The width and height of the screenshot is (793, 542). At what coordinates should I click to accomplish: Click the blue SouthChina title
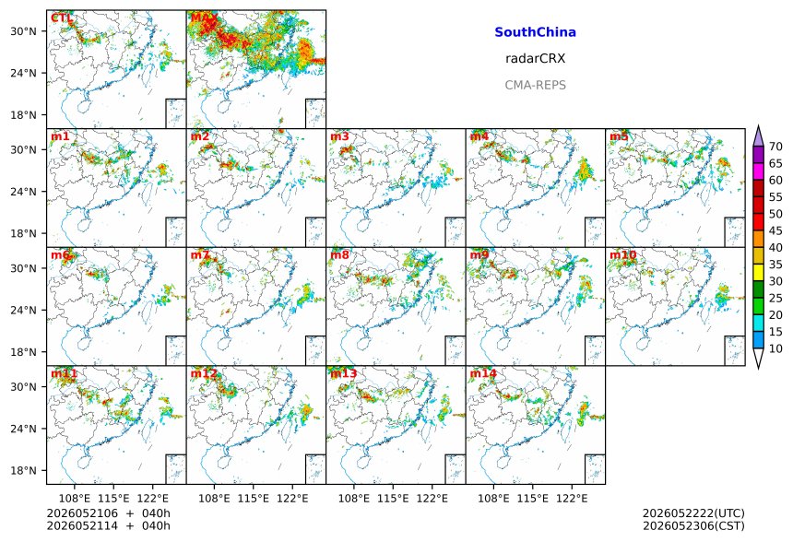pyautogui.click(x=535, y=32)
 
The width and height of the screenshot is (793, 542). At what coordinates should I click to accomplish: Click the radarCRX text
pyautogui.click(x=535, y=59)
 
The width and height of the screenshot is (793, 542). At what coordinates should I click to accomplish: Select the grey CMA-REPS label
pyautogui.click(x=535, y=85)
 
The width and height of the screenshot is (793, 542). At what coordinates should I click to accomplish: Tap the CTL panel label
pyautogui.click(x=61, y=18)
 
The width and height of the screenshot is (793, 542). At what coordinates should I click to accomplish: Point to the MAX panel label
pyautogui.click(x=204, y=18)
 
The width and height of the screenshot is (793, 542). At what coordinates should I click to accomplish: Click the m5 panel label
pyautogui.click(x=619, y=136)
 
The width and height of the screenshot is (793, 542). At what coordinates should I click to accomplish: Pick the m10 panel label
pyautogui.click(x=622, y=254)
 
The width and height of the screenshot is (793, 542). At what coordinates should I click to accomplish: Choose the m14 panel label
pyautogui.click(x=483, y=373)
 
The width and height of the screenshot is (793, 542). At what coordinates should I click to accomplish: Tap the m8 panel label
pyautogui.click(x=339, y=254)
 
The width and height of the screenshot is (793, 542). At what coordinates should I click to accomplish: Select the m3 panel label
pyautogui.click(x=339, y=136)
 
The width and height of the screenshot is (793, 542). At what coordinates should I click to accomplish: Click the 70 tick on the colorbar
pyautogui.click(x=775, y=147)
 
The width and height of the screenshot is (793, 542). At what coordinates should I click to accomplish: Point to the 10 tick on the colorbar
pyautogui.click(x=775, y=348)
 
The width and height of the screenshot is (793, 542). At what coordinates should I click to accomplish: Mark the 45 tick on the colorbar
pyautogui.click(x=775, y=230)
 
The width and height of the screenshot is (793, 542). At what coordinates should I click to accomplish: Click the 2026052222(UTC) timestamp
pyautogui.click(x=693, y=513)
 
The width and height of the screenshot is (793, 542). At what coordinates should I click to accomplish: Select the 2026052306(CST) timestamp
pyautogui.click(x=693, y=525)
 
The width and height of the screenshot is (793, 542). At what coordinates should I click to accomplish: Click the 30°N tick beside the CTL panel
pyautogui.click(x=23, y=31)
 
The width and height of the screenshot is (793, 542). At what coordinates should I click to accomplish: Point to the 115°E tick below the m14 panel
pyautogui.click(x=532, y=499)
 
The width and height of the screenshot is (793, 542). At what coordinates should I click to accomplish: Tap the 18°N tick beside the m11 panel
pyautogui.click(x=23, y=471)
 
